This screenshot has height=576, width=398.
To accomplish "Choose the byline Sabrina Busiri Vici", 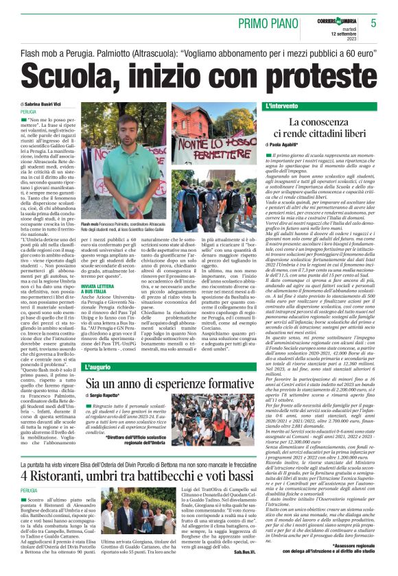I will tap(49, 104).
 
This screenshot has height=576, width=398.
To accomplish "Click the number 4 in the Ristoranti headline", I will tap(25, 475).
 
